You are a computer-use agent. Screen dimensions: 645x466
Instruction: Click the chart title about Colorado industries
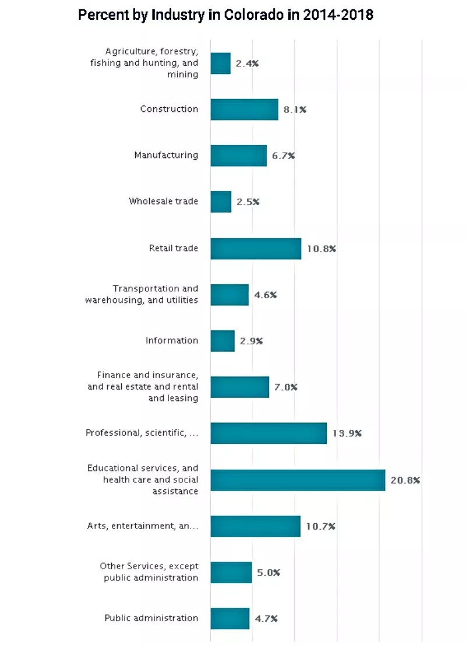click(x=225, y=15)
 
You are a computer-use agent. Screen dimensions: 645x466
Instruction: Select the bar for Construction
click(x=244, y=110)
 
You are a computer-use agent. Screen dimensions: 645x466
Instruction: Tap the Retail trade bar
click(x=256, y=249)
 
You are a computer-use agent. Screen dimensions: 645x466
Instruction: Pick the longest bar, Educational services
click(x=298, y=480)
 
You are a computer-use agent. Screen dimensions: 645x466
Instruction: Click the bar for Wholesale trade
click(x=221, y=202)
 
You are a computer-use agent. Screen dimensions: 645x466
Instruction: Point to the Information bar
click(x=223, y=341)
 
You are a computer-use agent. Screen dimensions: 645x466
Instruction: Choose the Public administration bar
click(x=230, y=619)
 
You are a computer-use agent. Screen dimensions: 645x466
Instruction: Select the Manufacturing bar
click(x=238, y=156)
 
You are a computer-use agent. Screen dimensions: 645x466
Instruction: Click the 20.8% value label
click(x=405, y=481)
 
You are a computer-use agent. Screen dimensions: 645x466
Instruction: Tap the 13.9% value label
click(x=347, y=433)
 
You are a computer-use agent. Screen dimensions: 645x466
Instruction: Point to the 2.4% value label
click(x=247, y=64)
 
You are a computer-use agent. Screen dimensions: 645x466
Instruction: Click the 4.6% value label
click(x=265, y=295)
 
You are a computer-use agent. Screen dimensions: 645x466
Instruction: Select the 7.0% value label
click(x=285, y=387)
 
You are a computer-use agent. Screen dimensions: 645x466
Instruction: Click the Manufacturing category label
click(x=166, y=155)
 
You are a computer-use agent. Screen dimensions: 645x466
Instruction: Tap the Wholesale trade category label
click(x=164, y=202)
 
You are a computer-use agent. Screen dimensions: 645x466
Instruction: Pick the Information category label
click(x=172, y=340)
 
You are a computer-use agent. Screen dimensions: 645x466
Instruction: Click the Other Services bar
click(x=231, y=573)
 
